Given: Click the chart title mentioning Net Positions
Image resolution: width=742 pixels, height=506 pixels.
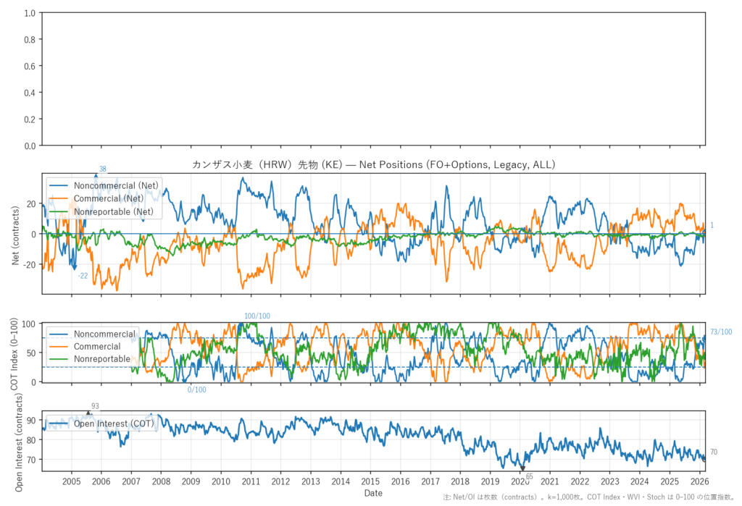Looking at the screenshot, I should point(373,165).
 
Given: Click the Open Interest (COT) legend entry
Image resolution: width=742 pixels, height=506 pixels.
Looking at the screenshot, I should point(114,424).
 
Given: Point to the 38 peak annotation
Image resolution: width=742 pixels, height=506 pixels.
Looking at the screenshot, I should point(102,169).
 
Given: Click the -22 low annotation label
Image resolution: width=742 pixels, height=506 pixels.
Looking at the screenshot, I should point(83,276).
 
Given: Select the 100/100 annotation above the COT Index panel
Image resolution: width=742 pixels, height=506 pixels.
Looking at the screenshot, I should point(257,316).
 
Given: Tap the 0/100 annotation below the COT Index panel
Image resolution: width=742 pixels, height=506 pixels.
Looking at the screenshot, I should point(196,390).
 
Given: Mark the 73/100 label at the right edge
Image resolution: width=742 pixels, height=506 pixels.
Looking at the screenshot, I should point(721,332).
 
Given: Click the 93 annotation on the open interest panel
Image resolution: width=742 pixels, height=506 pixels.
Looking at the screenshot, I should point(95,406).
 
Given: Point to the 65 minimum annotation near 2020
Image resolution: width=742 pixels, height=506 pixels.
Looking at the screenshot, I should point(529,476).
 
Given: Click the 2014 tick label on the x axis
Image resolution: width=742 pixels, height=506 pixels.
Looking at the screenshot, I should point(340,481).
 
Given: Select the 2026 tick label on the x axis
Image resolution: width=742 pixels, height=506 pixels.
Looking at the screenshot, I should point(699,481).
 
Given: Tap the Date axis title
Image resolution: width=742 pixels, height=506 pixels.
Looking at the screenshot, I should point(373,493).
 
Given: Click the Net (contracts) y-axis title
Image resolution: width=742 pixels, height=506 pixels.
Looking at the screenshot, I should point(15,234).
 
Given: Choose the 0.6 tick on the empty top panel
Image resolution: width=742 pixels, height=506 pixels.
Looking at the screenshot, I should point(30,67).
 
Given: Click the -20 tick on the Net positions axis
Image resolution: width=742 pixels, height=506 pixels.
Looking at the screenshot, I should point(29,265).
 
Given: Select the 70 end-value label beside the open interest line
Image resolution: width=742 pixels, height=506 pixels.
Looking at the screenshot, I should point(714,452).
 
